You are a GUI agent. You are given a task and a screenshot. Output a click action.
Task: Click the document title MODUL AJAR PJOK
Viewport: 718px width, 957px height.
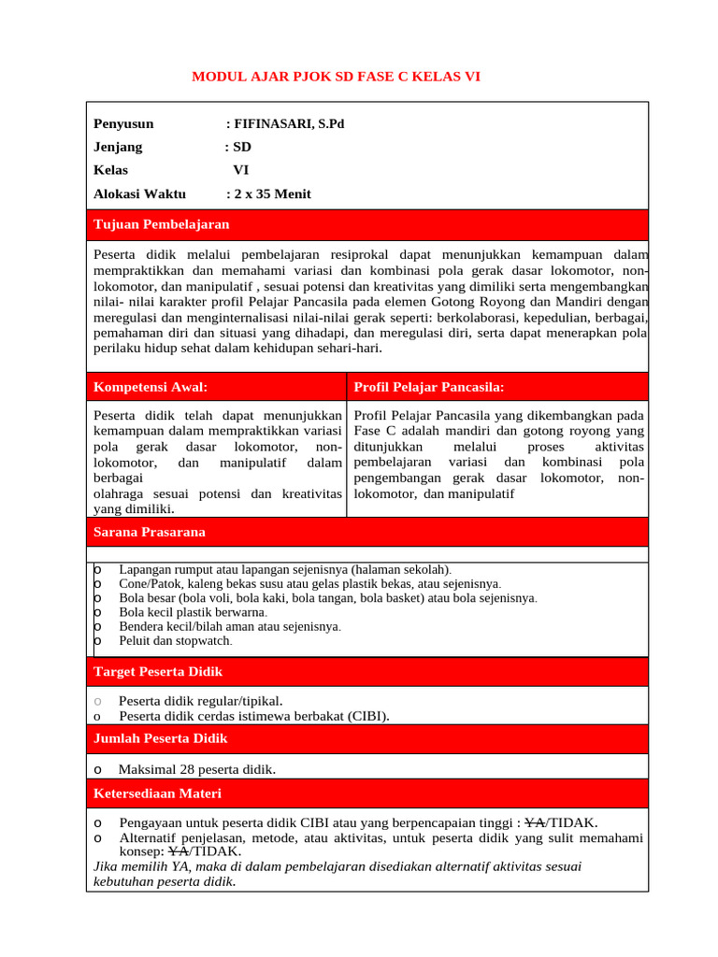[336, 76]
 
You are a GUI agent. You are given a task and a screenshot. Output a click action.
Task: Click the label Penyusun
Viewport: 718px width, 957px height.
[123, 123]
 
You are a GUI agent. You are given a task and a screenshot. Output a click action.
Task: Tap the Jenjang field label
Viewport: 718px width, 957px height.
[118, 147]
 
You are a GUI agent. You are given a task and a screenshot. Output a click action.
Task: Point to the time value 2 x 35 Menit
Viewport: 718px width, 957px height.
[272, 194]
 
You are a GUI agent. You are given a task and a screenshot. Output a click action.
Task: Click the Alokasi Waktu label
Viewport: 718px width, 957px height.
[139, 194]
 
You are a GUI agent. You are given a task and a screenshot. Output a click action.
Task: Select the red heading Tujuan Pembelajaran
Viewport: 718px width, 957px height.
[161, 224]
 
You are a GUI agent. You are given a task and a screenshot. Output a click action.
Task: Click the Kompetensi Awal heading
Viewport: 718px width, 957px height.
[151, 387]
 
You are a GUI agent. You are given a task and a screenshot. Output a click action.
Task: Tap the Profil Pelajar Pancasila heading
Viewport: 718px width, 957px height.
[429, 387]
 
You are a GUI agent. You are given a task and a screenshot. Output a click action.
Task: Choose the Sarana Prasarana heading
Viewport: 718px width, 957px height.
[150, 532]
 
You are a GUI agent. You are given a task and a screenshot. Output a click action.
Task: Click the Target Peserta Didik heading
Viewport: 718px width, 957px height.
[158, 672]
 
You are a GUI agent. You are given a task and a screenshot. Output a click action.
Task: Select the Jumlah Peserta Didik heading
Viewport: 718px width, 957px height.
[161, 738]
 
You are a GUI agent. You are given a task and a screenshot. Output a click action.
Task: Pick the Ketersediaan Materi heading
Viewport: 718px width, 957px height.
[157, 793]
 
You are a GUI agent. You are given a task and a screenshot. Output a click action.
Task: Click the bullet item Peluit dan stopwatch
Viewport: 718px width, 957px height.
[175, 641]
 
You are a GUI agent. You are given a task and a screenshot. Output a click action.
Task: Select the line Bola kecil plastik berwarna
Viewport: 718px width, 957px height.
[194, 612]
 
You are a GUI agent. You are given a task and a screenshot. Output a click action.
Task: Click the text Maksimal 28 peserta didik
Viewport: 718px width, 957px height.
[196, 769]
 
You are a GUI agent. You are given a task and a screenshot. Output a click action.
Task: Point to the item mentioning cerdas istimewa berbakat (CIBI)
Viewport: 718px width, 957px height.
[253, 716]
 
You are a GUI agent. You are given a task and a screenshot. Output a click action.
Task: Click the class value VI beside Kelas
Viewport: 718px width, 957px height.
[240, 170]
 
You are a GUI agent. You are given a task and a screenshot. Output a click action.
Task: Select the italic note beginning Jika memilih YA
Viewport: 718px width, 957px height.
[337, 874]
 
